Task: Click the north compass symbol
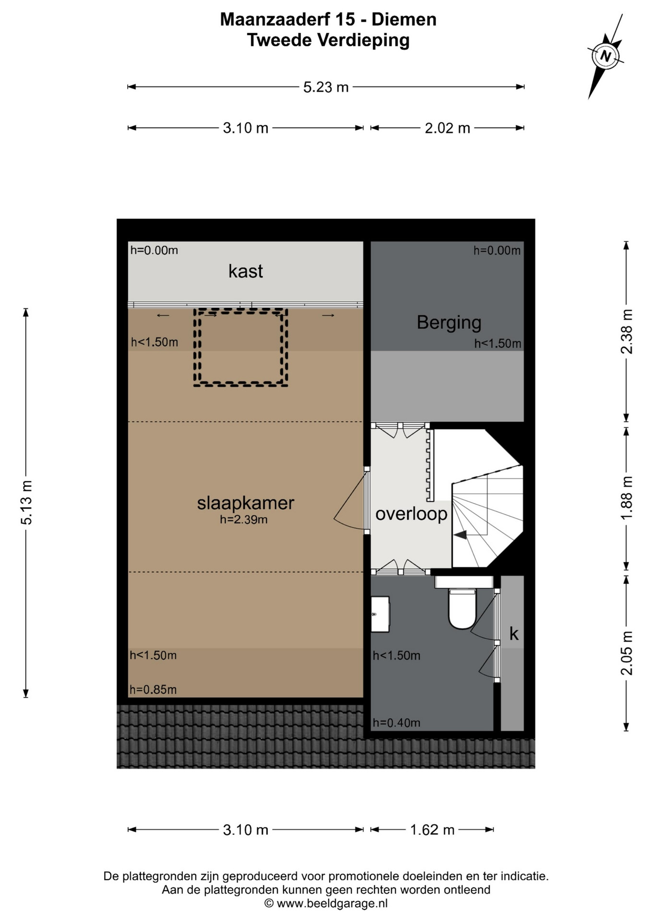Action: pos(605,56)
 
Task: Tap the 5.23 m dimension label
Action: pos(326,87)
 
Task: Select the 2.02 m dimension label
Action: pos(447,128)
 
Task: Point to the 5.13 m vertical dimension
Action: pos(26,502)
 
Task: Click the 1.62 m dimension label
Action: pos(432,829)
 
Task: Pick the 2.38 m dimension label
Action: pos(627,331)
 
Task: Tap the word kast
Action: pos(245,271)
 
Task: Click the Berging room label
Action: pos(449,322)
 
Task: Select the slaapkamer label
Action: pos(245,503)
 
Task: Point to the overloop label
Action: pos(411,514)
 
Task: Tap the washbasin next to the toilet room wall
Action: pos(380,614)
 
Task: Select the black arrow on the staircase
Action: pos(460,534)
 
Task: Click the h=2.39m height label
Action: pos(243,520)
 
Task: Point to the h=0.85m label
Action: pos(153,690)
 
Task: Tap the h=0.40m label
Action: pos(397,723)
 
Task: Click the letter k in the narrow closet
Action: pos(514,634)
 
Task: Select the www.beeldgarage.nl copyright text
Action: pos(326,903)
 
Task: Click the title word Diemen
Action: pos(404,20)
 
